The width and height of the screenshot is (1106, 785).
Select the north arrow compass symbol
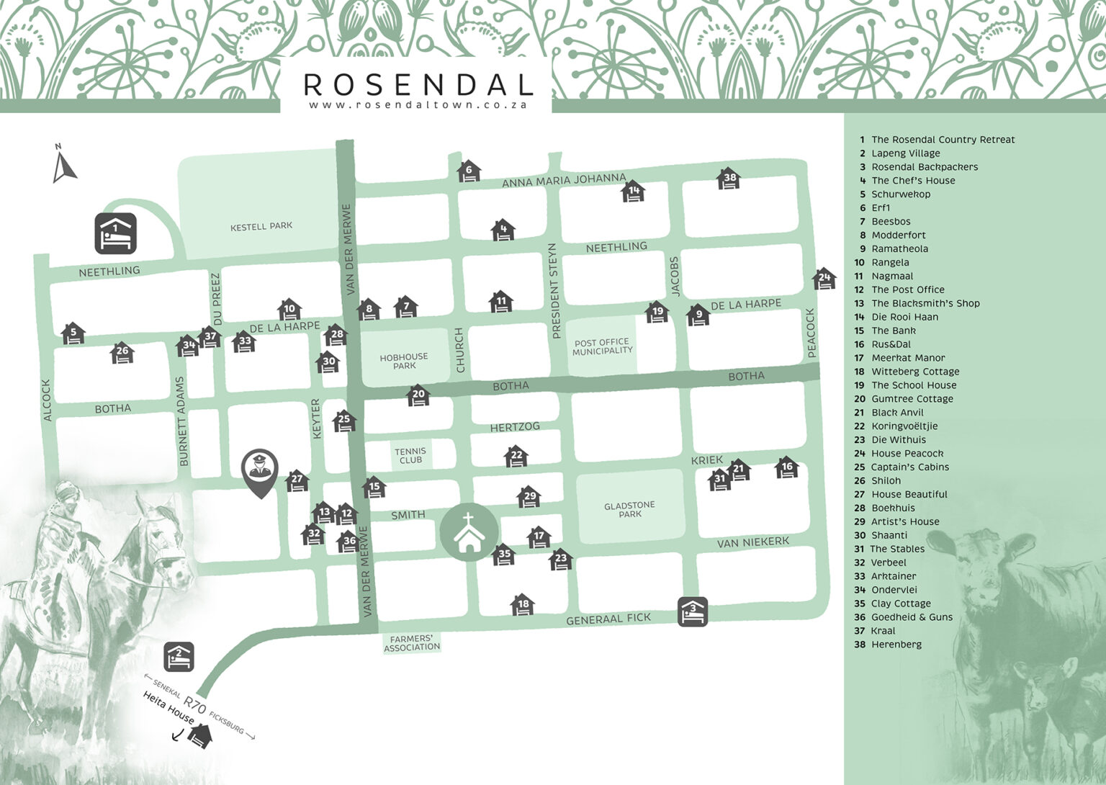(x=64, y=164)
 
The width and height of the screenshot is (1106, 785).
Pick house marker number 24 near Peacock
(x=824, y=278)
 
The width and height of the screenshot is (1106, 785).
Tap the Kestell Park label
(x=261, y=226)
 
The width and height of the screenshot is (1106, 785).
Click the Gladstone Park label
(x=629, y=510)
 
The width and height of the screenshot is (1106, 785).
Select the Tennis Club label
(x=410, y=455)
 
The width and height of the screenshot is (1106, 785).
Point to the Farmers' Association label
(x=412, y=643)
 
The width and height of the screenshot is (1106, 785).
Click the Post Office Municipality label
(x=602, y=346)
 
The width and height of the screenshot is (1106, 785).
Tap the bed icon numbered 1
(x=115, y=233)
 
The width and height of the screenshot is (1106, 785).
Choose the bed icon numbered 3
(x=693, y=611)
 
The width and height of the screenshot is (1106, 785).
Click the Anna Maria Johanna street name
(x=564, y=179)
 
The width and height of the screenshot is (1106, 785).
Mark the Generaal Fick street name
(x=608, y=619)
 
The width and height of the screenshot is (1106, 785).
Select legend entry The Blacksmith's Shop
(x=925, y=303)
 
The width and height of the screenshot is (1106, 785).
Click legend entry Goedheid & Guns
(x=911, y=617)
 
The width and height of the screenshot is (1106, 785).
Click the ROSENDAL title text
(x=418, y=84)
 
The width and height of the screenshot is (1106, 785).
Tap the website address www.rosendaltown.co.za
(x=418, y=105)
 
